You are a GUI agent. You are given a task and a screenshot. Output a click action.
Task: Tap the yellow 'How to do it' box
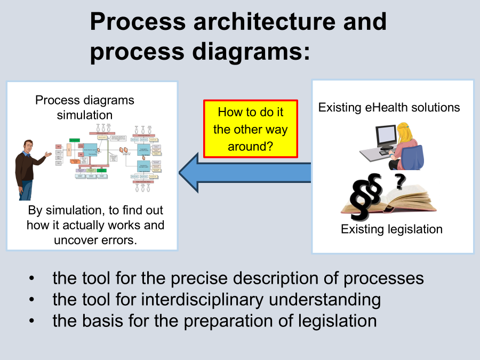(250, 129)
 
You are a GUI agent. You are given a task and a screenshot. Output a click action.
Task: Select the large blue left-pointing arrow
(245, 171)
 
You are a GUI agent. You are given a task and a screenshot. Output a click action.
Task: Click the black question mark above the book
(399, 182)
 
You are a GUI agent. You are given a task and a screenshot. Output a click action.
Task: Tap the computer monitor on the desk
(386, 136)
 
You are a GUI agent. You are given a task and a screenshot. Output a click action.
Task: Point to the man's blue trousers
(26, 189)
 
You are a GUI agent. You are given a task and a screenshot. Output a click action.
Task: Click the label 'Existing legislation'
(391, 229)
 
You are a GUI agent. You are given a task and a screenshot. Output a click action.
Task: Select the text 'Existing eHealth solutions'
(389, 107)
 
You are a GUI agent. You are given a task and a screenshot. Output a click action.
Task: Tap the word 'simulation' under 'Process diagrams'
(85, 115)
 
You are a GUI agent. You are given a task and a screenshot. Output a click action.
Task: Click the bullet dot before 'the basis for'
(33, 321)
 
